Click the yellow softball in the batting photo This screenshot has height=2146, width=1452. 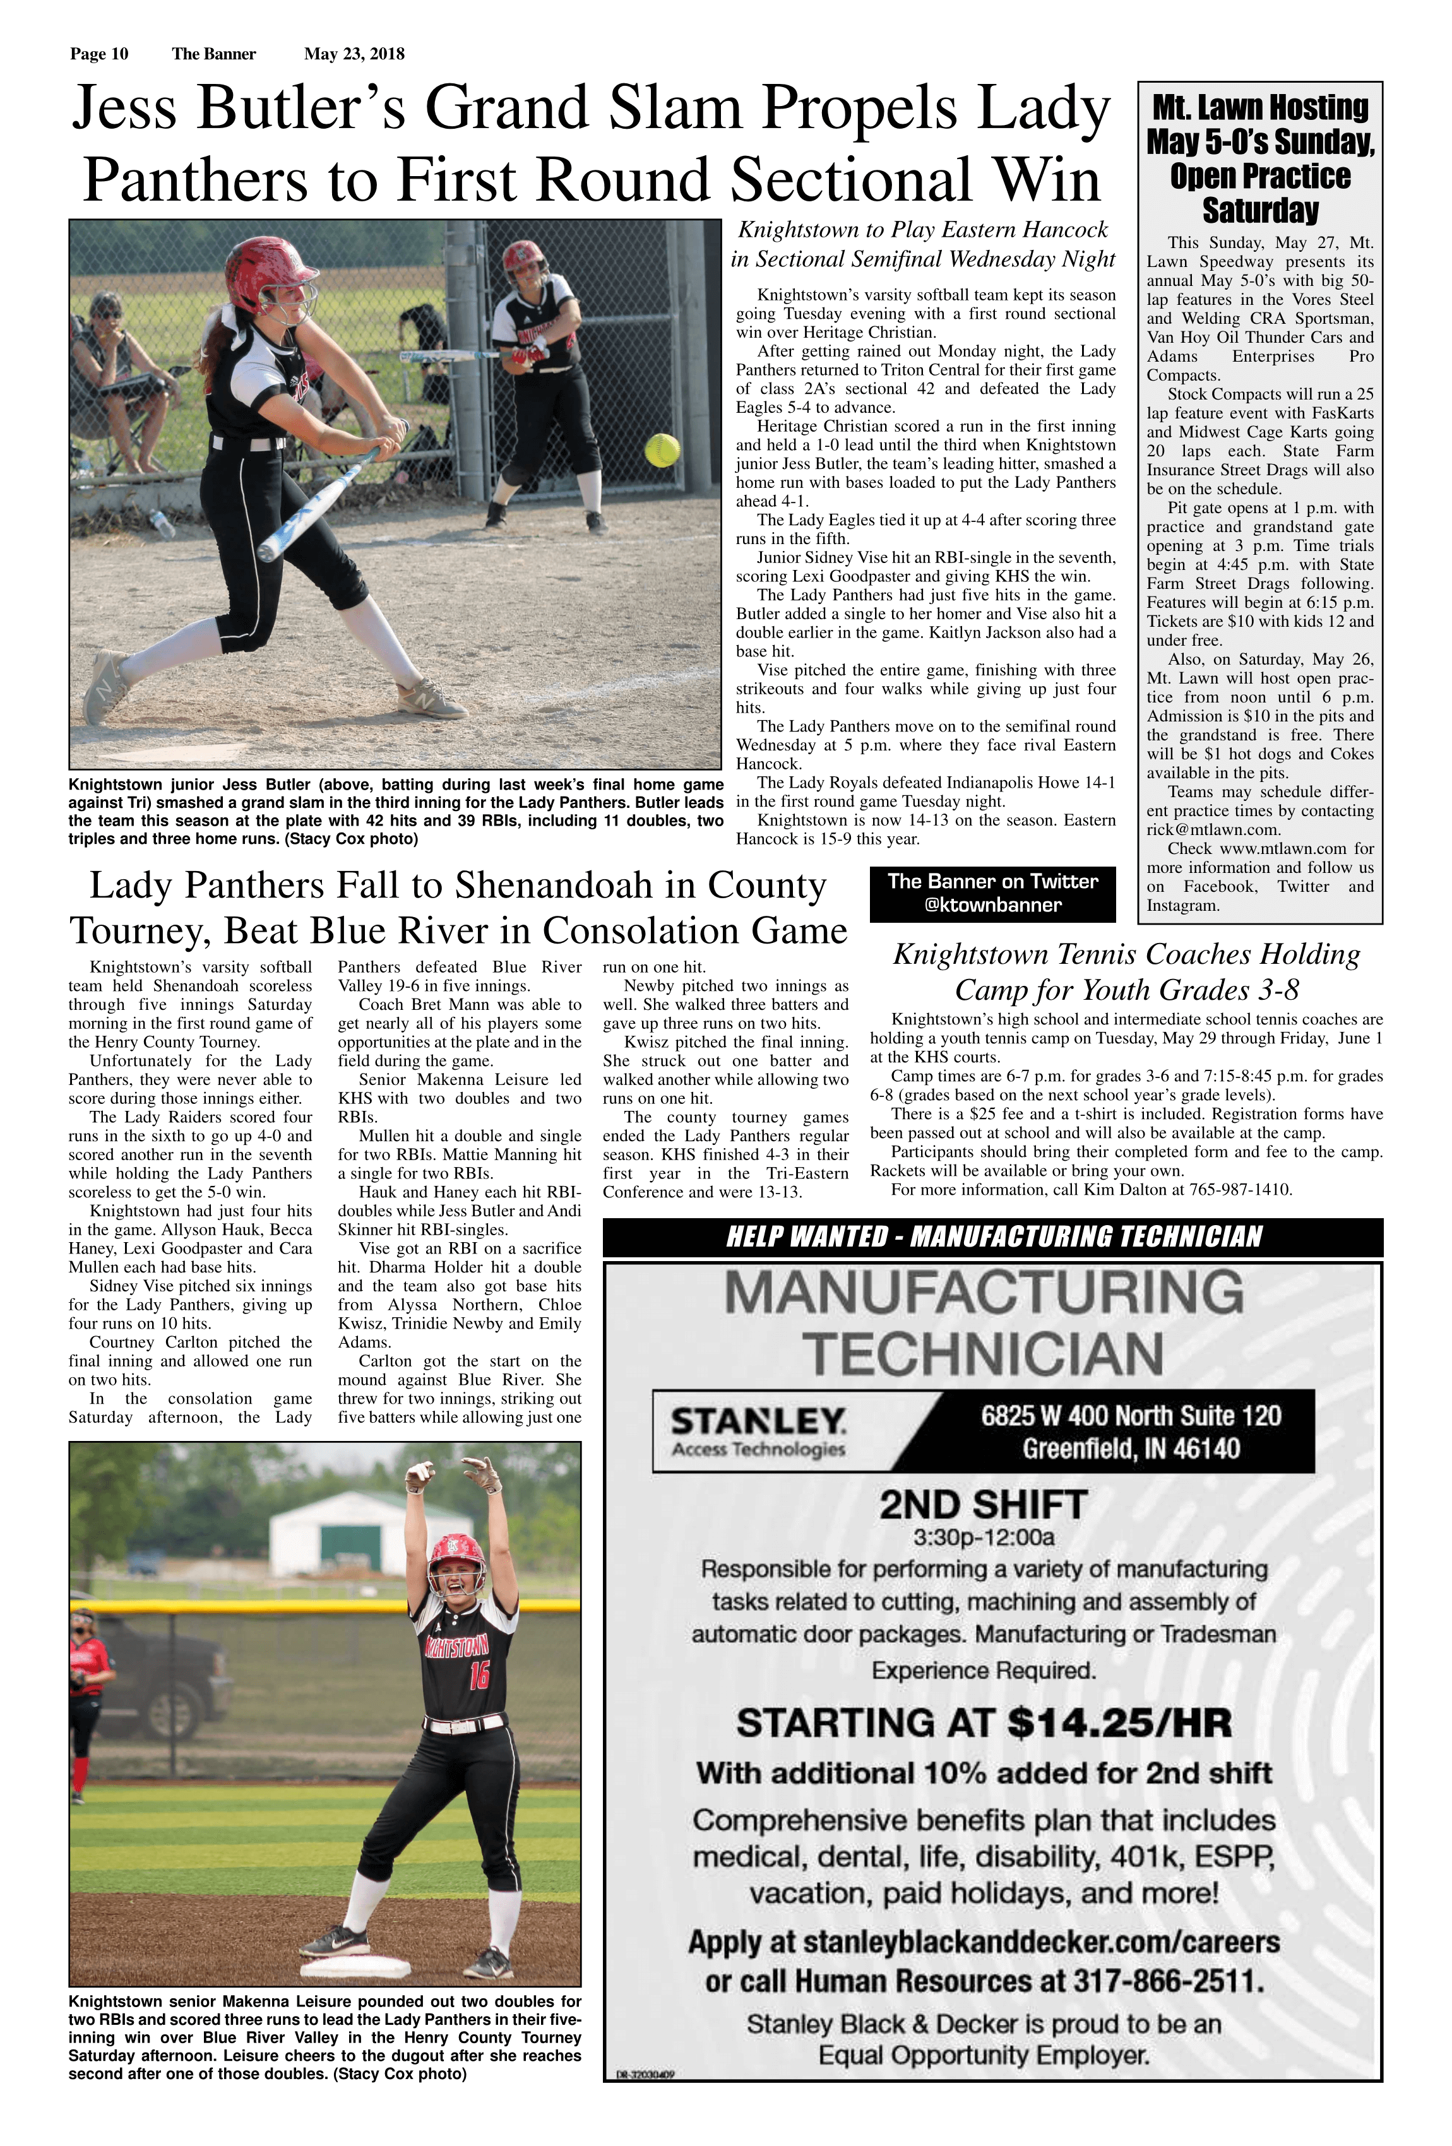[662, 449]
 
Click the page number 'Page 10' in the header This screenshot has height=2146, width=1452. [99, 54]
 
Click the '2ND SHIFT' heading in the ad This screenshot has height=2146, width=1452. [983, 1505]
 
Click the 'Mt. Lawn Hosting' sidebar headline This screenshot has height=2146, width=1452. [1260, 107]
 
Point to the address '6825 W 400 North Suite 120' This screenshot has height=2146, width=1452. [1131, 1416]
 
